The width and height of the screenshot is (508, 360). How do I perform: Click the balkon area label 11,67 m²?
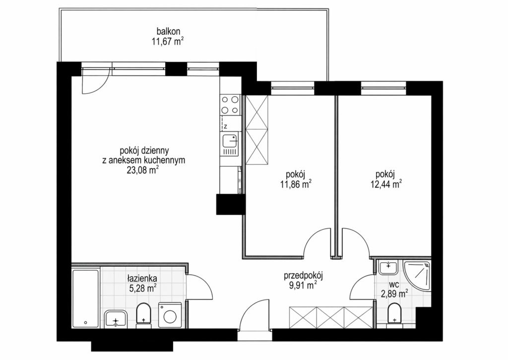coord(168,42)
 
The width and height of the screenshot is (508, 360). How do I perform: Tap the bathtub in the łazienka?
coord(85,298)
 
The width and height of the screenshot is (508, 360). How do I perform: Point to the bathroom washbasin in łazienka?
coord(116,319)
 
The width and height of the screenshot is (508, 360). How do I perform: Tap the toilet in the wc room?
coord(394,314)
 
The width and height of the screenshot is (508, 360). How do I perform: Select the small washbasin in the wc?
coord(388,267)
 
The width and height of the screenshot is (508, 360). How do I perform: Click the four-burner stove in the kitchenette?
coord(230,105)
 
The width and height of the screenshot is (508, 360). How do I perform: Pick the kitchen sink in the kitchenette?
coord(230,144)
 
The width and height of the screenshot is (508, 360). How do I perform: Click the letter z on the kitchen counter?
coord(226,127)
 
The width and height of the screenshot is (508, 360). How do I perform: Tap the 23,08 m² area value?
coord(143,170)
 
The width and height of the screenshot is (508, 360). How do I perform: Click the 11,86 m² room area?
coord(296,184)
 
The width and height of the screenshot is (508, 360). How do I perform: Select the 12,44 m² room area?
coord(386,184)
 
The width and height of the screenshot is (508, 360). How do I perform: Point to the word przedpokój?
coord(304,276)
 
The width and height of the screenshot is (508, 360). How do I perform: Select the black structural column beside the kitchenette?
coord(231,204)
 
